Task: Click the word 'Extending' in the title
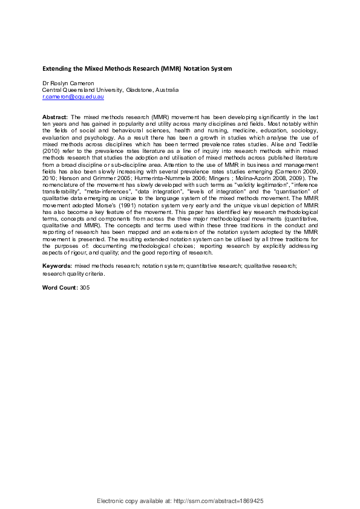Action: tap(58, 68)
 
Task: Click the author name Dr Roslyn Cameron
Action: tap(67, 83)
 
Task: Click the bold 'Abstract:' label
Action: tap(55, 115)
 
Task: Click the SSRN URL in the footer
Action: tap(216, 501)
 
